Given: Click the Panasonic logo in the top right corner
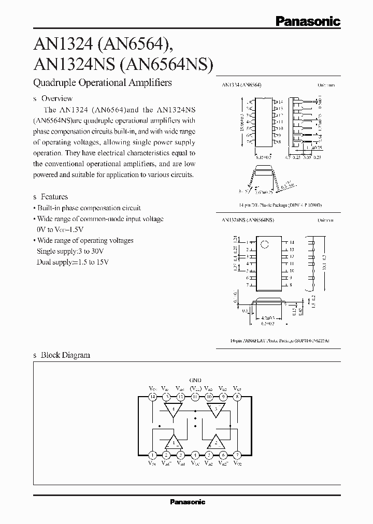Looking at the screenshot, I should [x=307, y=21].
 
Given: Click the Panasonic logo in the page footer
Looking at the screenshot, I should [x=188, y=502].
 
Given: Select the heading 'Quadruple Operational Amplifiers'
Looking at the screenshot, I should [x=102, y=82].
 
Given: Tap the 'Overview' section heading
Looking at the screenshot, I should [x=56, y=98].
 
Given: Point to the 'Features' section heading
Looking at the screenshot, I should [x=54, y=197].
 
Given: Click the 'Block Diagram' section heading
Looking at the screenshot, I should [x=65, y=355].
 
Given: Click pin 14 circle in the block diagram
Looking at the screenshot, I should [x=152, y=397].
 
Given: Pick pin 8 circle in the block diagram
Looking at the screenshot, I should [x=237, y=397].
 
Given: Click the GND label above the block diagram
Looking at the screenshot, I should [x=195, y=380].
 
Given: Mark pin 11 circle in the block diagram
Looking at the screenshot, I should [x=195, y=397].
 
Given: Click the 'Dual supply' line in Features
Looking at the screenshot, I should [x=73, y=262].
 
